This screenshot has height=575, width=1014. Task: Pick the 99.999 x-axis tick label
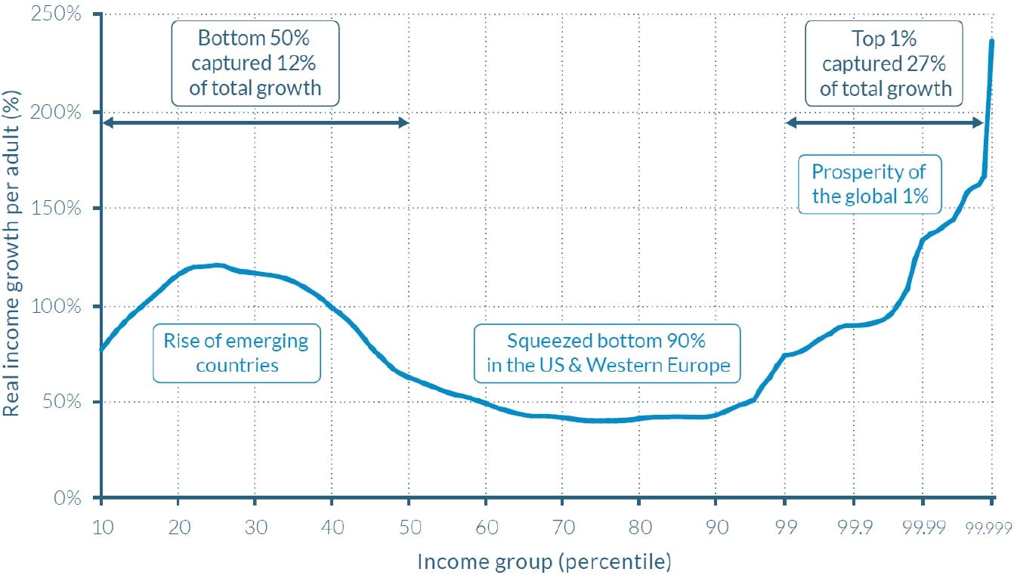coord(989,526)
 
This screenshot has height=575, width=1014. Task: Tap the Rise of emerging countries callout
coord(236,353)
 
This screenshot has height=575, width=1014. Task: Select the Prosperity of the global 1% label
coord(869,185)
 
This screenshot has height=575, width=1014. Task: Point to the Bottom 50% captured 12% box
coord(255,63)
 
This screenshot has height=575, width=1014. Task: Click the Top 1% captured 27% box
coord(885,63)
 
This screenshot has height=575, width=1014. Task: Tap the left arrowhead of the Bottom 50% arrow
coord(107,123)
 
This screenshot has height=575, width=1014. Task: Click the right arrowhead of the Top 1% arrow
coord(979,123)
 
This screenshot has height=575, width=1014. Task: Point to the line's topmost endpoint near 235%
coord(992,41)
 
